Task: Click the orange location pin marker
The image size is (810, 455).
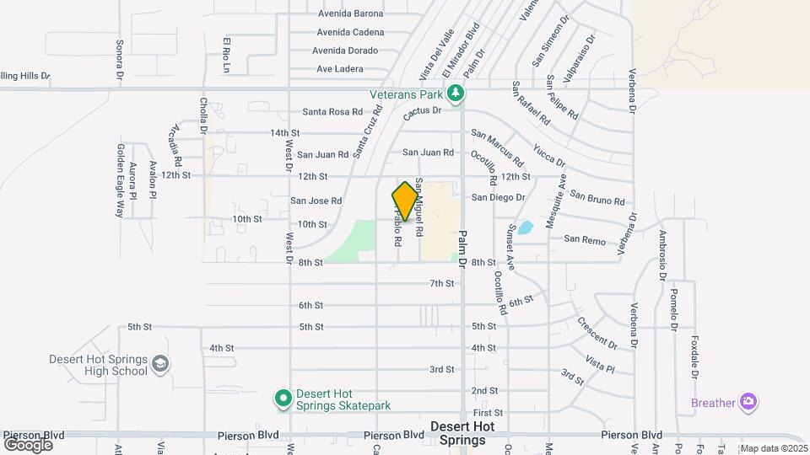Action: pyautogui.click(x=405, y=201)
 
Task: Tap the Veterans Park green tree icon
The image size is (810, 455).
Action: pyautogui.click(x=456, y=92)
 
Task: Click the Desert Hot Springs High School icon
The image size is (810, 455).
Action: pyautogui.click(x=159, y=365)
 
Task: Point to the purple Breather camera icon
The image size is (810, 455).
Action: pyautogui.click(x=748, y=402)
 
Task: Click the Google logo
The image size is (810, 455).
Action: pyautogui.click(x=28, y=444)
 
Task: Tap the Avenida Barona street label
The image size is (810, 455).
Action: pyautogui.click(x=350, y=13)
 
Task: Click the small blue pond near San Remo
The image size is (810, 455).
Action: pyautogui.click(x=525, y=227)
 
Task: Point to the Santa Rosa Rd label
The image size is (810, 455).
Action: pyautogui.click(x=332, y=112)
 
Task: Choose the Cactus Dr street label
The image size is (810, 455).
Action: pyautogui.click(x=423, y=110)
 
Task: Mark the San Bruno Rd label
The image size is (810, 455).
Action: pyautogui.click(x=597, y=199)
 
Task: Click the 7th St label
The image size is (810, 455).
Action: pyautogui.click(x=442, y=283)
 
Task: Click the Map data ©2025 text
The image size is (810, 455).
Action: pyautogui.click(x=774, y=448)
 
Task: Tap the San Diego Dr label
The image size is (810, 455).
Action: pyautogui.click(x=498, y=197)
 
